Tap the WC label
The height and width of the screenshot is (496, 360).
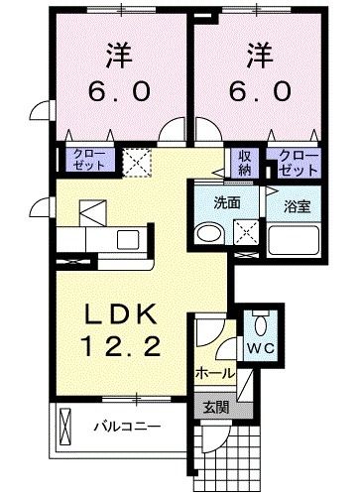(260, 349)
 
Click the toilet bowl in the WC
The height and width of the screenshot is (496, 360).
(260, 323)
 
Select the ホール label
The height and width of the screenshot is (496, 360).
(215, 374)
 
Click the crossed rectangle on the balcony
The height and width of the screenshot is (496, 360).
(66, 428)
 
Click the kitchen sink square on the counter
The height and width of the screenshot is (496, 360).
(127, 239)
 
